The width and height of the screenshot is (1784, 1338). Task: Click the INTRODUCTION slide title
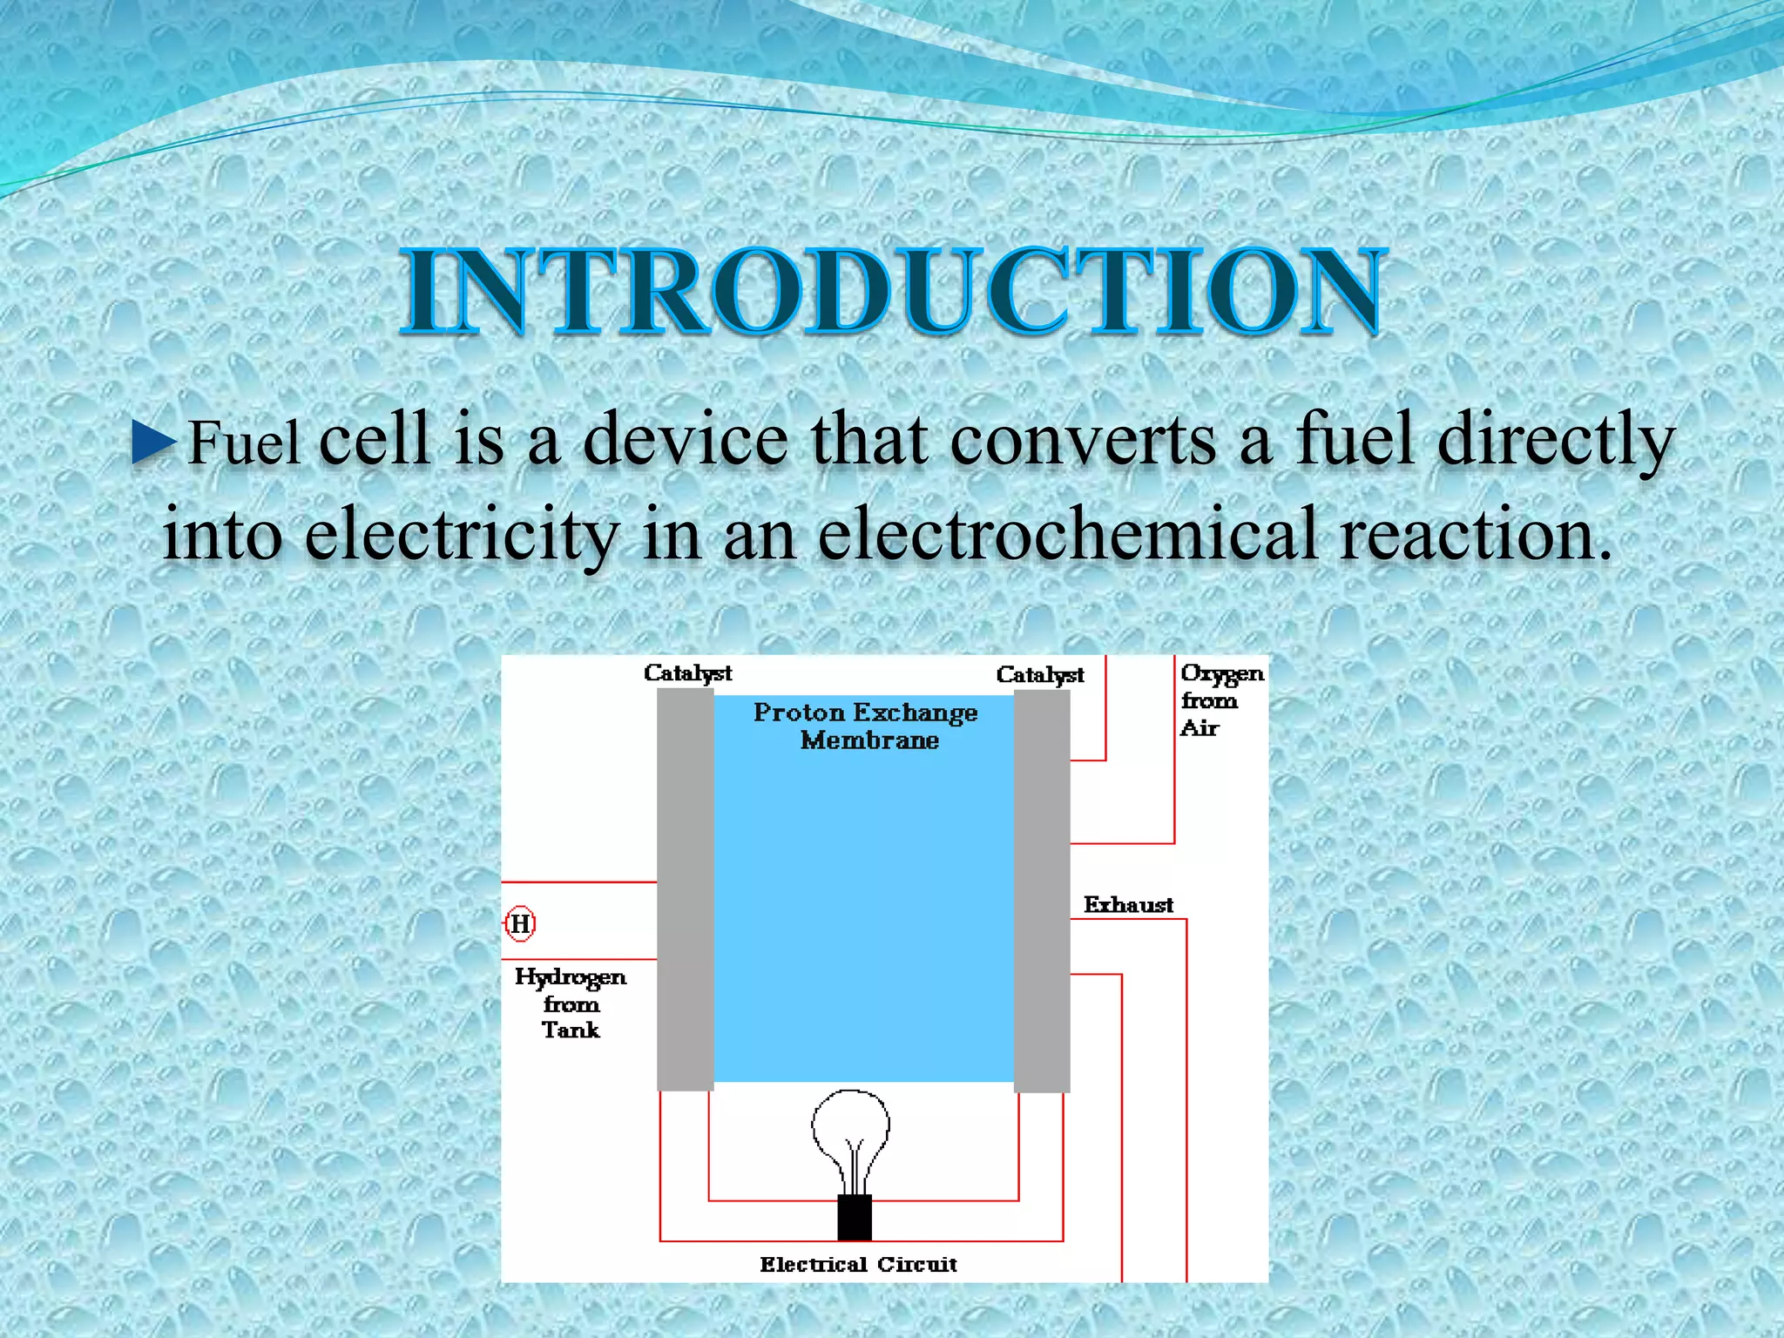pyautogui.click(x=891, y=291)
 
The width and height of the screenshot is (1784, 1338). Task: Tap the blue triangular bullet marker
pyautogui.click(x=155, y=443)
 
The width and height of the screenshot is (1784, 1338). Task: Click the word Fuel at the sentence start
pyautogui.click(x=244, y=443)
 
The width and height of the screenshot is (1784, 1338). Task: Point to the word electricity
pyautogui.click(x=462, y=533)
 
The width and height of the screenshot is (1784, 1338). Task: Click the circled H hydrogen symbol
pyautogui.click(x=520, y=923)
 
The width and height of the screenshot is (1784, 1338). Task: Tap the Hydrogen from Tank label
pyautogui.click(x=571, y=1003)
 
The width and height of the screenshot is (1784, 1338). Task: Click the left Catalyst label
pyautogui.click(x=687, y=672)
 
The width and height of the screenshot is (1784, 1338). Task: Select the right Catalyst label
pyautogui.click(x=1040, y=674)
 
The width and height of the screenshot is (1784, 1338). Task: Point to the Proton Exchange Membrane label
pyautogui.click(x=866, y=726)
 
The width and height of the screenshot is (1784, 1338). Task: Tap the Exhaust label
pyautogui.click(x=1128, y=905)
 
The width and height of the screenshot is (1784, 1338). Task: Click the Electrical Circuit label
pyautogui.click(x=858, y=1264)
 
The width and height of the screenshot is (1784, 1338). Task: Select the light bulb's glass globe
pyautogui.click(x=851, y=1128)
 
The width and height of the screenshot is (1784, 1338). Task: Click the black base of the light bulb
pyautogui.click(x=855, y=1217)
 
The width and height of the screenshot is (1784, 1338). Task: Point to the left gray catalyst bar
pyautogui.click(x=686, y=889)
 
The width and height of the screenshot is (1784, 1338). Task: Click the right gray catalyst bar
pyautogui.click(x=1042, y=889)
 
